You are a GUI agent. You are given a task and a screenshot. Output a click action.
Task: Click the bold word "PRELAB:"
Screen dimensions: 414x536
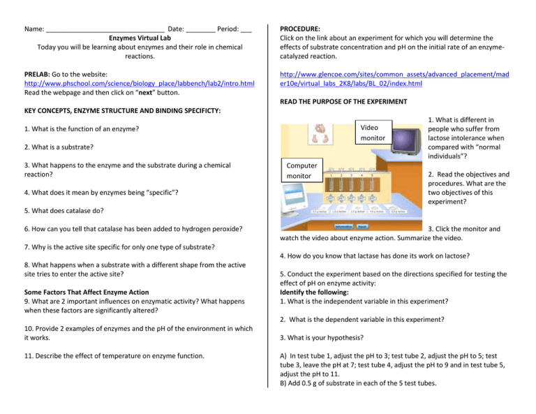pyautogui.click(x=38, y=73)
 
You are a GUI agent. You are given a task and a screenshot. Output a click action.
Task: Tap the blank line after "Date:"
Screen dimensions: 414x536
pyautogui.click(x=200, y=30)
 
